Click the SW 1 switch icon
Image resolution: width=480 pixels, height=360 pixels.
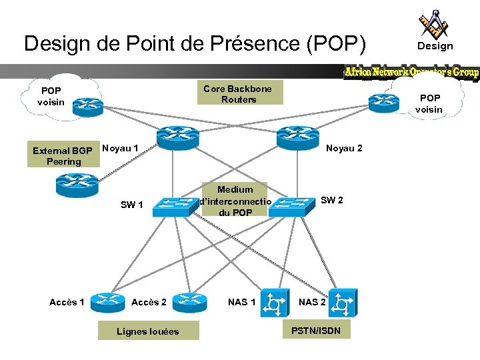(x=171, y=207)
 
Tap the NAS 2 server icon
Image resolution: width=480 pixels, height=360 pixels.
(x=341, y=303)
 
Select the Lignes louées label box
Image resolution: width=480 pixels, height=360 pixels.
(x=148, y=331)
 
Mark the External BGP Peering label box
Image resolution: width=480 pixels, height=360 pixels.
(x=63, y=156)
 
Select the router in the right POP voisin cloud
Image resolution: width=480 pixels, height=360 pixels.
(x=385, y=100)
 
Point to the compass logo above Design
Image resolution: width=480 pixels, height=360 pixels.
(x=433, y=24)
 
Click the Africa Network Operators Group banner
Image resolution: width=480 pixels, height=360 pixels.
(x=411, y=73)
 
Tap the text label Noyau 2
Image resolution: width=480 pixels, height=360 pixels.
(x=344, y=148)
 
